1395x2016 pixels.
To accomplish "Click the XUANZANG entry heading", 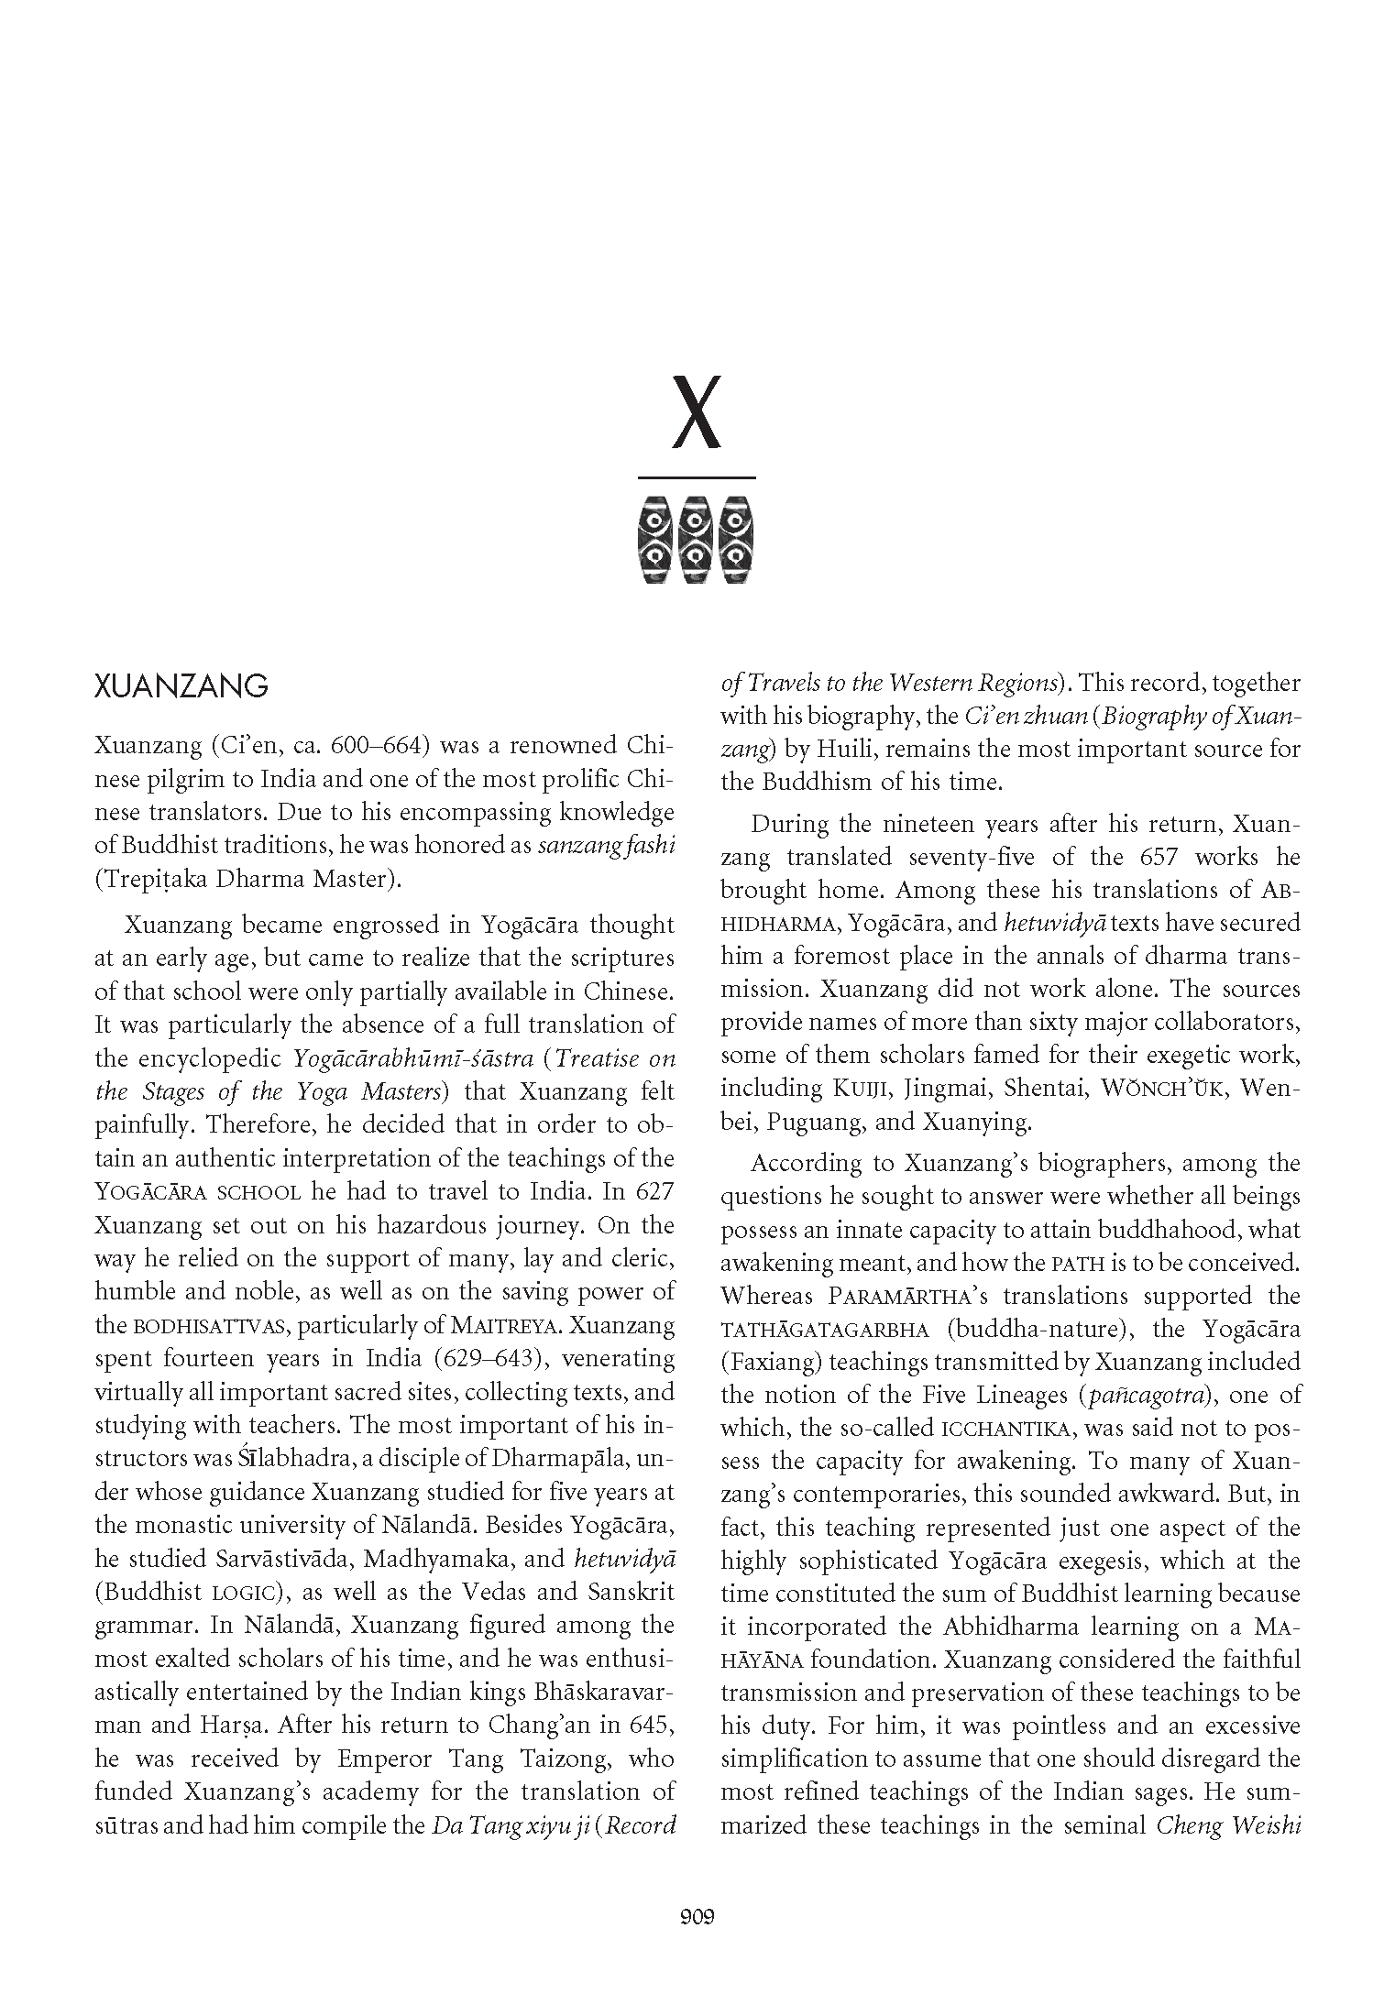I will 181,686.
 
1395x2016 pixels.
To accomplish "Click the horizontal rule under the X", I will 697,477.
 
